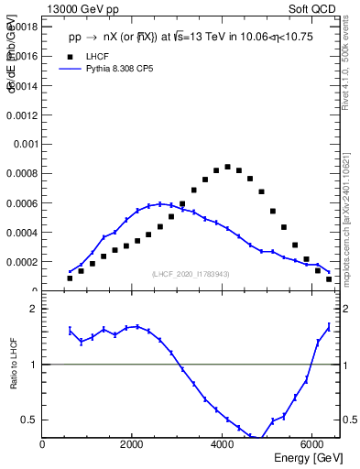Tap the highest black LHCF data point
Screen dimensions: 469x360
pos(227,167)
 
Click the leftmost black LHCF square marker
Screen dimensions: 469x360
pos(70,278)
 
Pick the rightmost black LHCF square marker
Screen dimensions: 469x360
pos(329,278)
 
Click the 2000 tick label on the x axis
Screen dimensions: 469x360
pos(133,444)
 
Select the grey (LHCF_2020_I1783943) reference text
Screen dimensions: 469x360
pos(191,274)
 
